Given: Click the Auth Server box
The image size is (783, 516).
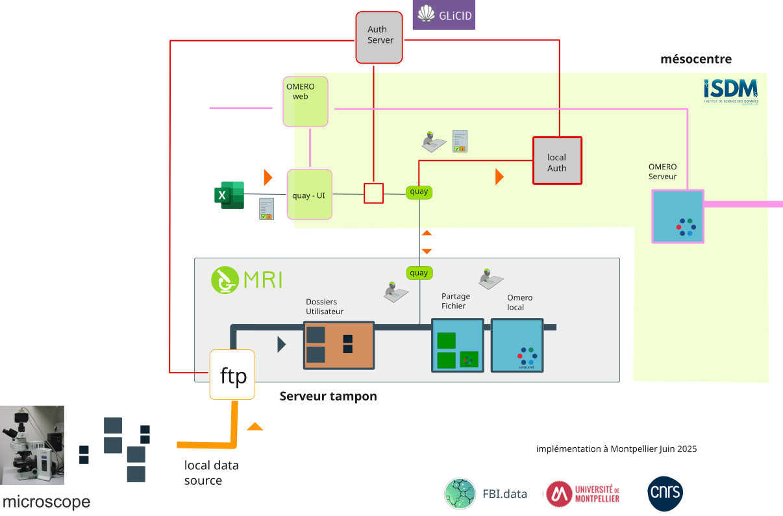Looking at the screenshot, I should coord(379,37).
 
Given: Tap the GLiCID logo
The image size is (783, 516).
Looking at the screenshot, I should coord(444,15).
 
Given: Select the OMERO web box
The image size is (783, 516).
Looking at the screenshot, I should coord(305,101).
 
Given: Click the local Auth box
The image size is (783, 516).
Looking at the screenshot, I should coord(556,160).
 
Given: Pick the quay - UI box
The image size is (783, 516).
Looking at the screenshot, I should coord(309,194).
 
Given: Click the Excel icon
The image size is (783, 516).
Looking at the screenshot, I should coord(229,195).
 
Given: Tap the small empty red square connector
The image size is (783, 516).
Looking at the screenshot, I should coord(373,193).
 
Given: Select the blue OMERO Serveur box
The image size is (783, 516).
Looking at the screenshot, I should coord(678,217).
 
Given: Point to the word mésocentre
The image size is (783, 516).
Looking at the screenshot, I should coord(696,60).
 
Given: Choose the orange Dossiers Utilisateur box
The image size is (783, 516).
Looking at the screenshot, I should coord(339,345).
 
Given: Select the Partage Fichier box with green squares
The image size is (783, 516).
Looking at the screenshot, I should coord(458,345).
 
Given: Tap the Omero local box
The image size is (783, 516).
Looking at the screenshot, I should coord(517,345).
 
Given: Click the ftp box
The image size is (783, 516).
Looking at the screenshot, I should coord(232,375).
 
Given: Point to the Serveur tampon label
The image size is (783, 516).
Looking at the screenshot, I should coord(328,396).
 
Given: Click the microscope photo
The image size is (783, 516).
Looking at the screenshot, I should coord(32,445).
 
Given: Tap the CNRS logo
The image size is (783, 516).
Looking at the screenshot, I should coord(665,494).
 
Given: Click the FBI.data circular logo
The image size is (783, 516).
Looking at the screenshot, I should coord(460,494).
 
